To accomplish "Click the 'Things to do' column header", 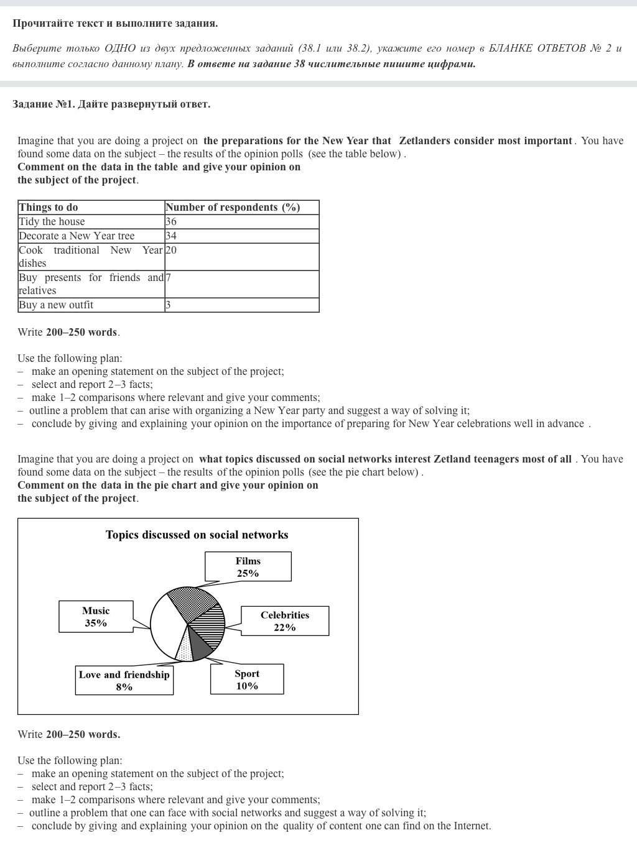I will [49, 208].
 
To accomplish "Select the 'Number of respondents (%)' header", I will [233, 208].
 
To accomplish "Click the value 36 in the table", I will [171, 222].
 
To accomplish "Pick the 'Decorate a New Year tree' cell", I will [77, 236].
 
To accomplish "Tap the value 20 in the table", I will [171, 251].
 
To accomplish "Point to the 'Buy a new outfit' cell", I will [56, 305].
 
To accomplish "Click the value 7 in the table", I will [169, 278].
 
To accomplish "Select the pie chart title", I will [197, 535].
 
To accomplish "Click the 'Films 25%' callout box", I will [248, 567].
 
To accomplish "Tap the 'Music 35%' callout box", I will [96, 617].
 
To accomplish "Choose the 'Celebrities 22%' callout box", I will [284, 621].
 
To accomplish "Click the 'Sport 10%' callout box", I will [246, 679].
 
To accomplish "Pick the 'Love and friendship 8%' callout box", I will [124, 681].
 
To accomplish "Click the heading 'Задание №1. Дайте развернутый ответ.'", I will [111, 104].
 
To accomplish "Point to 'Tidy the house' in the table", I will [52, 222].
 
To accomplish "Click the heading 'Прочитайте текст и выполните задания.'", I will [115, 24].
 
